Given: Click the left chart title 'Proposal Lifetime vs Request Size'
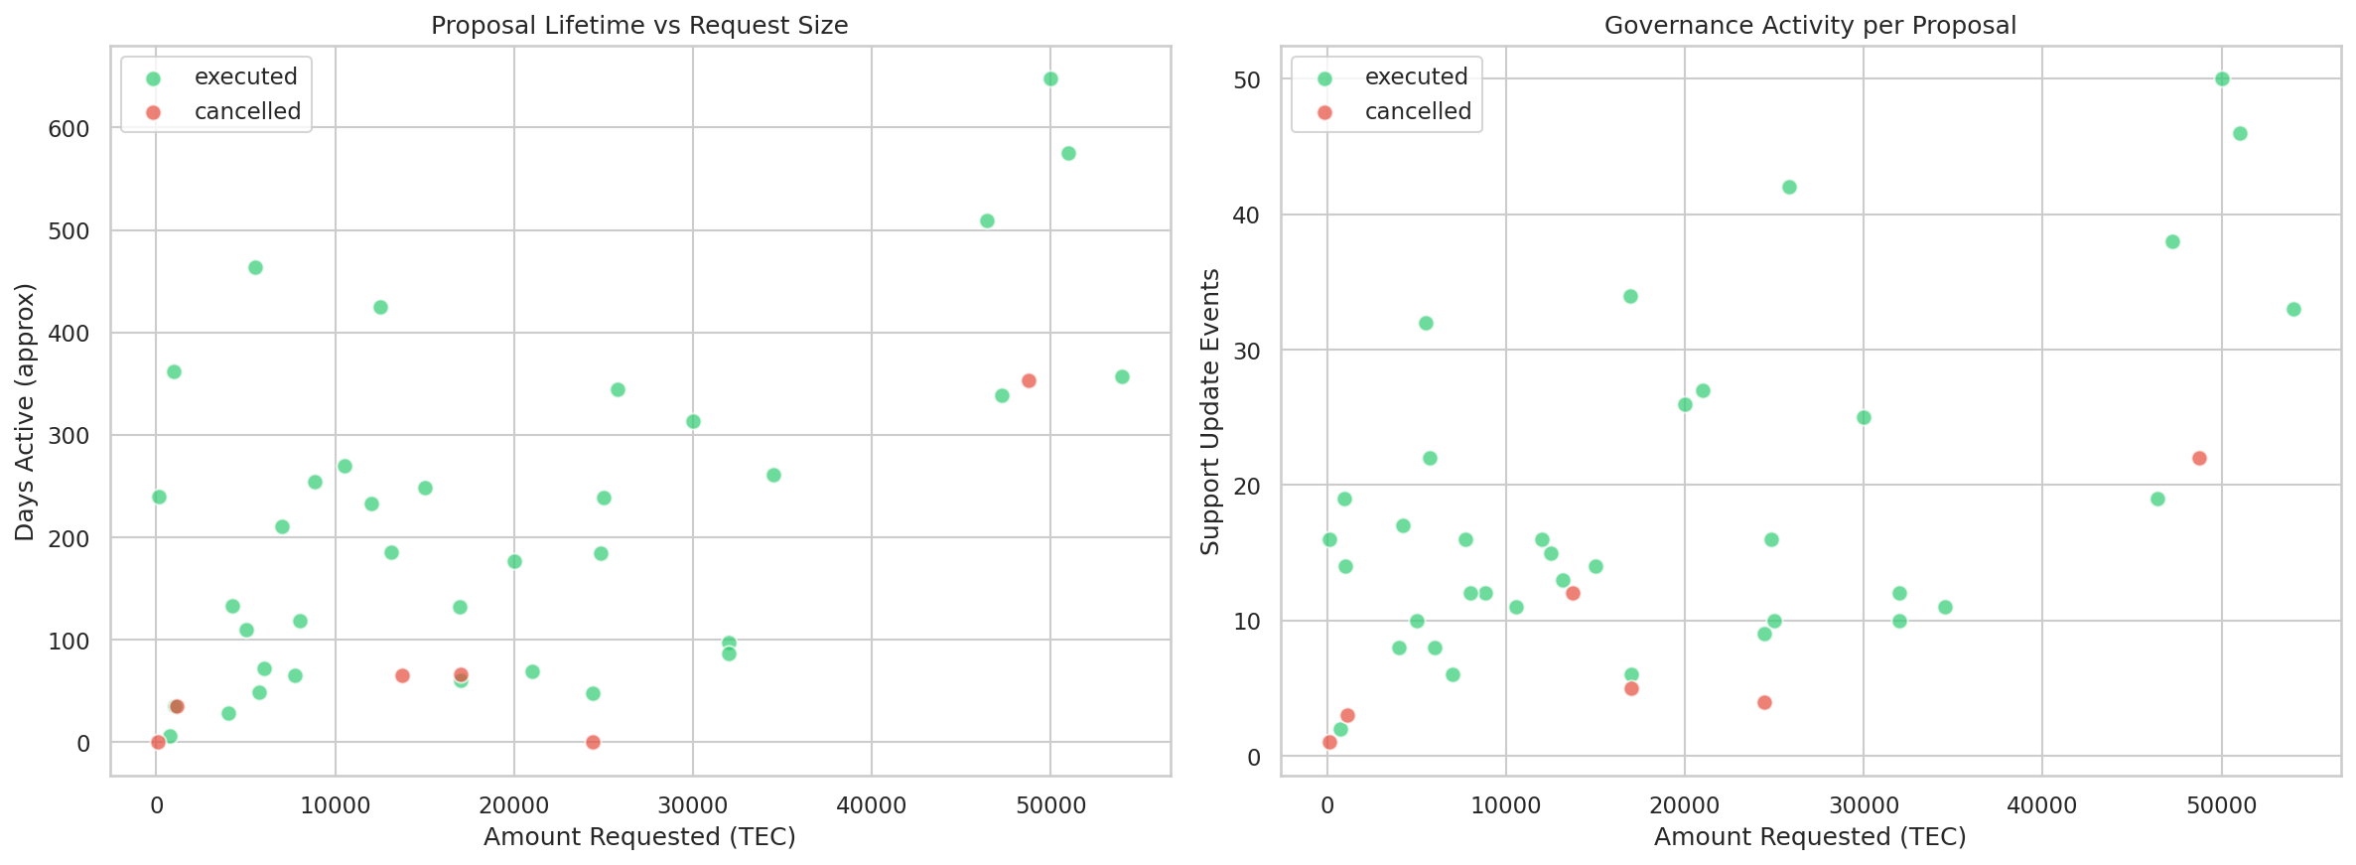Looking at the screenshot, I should (x=639, y=26).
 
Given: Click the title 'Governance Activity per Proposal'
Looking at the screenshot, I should (x=1810, y=26).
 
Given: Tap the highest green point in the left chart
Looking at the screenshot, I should (x=1050, y=79).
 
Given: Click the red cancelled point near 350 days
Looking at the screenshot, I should (x=1029, y=380).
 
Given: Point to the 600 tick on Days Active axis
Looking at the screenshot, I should (x=69, y=129).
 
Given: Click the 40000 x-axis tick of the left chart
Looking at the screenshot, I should (x=871, y=805).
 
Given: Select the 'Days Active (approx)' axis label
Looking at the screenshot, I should (x=25, y=412).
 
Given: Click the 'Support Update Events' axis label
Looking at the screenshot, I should (x=1209, y=412).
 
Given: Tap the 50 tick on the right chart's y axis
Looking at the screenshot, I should (x=1247, y=80).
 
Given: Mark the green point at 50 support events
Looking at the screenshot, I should (x=2222, y=79).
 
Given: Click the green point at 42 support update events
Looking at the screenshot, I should (x=1789, y=187).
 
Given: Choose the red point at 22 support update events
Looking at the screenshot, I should (x=2199, y=458).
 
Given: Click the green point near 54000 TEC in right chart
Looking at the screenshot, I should (x=2293, y=309).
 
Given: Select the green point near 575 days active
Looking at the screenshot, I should (x=1068, y=153).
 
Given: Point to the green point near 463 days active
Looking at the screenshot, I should (x=255, y=267).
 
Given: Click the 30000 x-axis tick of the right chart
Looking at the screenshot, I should (x=1863, y=805).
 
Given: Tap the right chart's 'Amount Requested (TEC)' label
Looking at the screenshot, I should (x=1810, y=837).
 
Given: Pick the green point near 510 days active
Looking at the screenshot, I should (x=987, y=220).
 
